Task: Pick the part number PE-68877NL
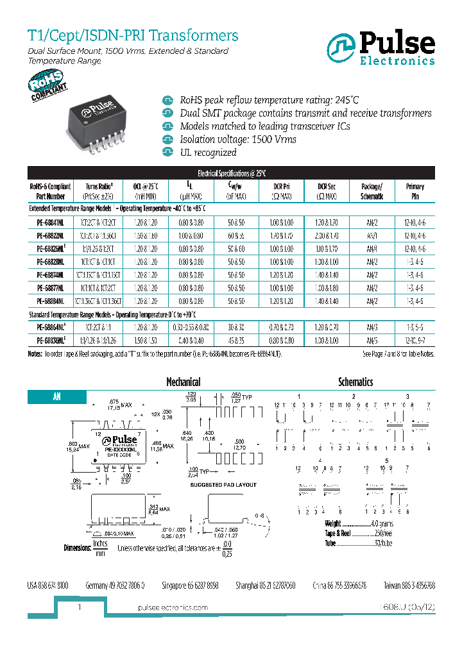coord(46,289)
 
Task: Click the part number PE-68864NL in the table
coord(47,328)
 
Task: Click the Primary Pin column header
coord(415,190)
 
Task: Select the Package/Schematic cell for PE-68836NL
coord(372,341)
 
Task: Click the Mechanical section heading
coord(184,382)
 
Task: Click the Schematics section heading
coord(355,382)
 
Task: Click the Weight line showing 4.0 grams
coord(359,524)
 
